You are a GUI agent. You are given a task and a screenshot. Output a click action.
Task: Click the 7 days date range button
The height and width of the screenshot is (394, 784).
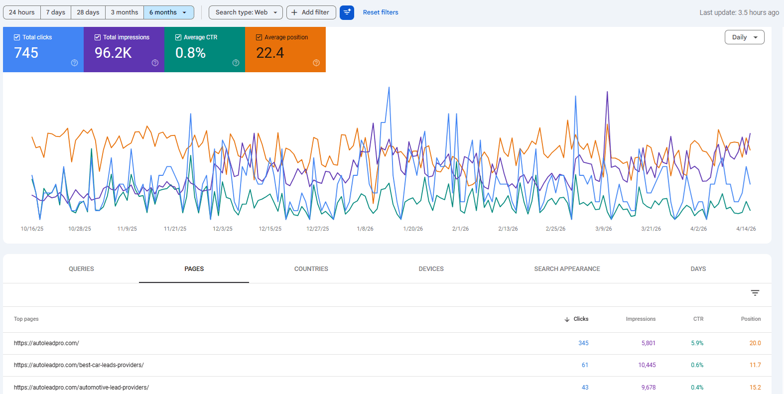56,12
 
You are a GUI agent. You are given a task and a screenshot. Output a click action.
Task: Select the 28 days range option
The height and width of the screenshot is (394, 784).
88,12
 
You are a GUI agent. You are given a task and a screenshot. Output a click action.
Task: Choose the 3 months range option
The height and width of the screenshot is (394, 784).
125,12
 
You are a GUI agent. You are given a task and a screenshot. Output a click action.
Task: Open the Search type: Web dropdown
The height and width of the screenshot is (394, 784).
246,12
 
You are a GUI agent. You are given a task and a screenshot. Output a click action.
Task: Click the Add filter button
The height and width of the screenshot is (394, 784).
311,12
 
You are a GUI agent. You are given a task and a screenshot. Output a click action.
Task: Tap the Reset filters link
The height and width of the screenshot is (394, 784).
381,12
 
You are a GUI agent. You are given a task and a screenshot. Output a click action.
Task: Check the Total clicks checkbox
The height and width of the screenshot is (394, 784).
17,37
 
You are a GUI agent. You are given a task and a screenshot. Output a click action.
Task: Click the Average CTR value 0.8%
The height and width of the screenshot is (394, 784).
191,53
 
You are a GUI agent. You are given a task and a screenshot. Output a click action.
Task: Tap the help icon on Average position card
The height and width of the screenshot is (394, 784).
316,63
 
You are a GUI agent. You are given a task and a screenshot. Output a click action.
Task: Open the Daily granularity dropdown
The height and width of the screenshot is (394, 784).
744,37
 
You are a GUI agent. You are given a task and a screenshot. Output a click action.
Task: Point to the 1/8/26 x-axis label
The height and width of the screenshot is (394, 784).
365,229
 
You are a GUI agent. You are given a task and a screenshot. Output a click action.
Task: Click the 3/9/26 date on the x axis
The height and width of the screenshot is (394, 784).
603,229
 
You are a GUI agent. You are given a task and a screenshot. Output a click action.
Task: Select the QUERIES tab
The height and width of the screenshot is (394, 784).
81,269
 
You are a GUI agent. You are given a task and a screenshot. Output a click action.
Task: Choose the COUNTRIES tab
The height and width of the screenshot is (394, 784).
311,269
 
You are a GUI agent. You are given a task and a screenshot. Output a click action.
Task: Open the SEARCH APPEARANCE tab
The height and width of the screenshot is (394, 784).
567,269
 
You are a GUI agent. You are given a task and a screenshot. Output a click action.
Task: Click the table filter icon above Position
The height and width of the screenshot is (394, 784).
755,293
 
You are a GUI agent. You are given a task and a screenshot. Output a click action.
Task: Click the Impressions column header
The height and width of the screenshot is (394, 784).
641,319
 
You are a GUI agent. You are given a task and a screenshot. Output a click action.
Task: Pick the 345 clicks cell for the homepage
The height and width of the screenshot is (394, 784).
583,343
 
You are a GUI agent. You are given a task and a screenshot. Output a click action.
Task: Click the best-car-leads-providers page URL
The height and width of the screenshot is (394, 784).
79,365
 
